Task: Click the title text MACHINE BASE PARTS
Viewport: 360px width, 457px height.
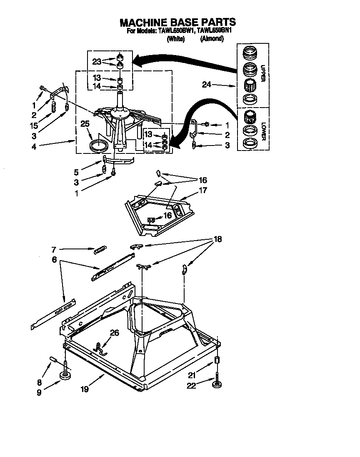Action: coord(177,22)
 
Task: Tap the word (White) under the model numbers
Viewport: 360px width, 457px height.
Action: coord(175,39)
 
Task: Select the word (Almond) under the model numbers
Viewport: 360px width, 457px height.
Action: coord(212,39)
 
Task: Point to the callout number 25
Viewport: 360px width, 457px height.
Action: coord(85,124)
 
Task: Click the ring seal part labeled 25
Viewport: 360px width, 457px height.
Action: coord(99,146)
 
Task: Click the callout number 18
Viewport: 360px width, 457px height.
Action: coord(217,239)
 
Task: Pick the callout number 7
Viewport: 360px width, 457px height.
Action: coord(54,250)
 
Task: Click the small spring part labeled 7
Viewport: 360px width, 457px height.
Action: coord(100,250)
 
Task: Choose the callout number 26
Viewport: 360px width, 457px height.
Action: coord(114,332)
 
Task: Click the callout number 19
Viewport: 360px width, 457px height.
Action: coord(85,390)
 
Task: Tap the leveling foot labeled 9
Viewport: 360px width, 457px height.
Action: coord(65,377)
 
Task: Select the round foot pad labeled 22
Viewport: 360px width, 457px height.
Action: coord(217,384)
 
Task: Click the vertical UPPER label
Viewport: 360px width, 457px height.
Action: coord(262,73)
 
